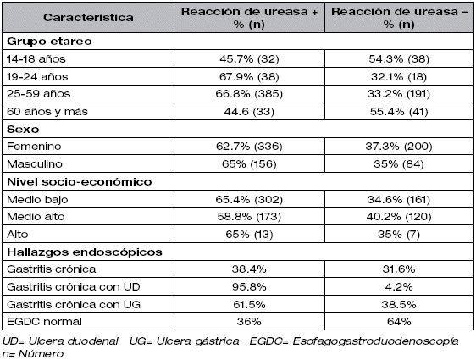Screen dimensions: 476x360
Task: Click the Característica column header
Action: click(x=88, y=18)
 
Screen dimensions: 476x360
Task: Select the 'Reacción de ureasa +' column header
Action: click(x=249, y=18)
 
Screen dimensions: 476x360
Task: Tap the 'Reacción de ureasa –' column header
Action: click(x=399, y=18)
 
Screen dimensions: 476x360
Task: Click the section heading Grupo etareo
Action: click(x=49, y=42)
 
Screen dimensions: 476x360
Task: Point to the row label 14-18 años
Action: click(x=36, y=59)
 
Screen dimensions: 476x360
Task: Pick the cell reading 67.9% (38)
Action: click(x=249, y=76)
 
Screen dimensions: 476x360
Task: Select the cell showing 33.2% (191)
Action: click(x=399, y=94)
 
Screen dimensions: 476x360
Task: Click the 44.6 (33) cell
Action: click(x=249, y=112)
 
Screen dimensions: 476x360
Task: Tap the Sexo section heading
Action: click(x=23, y=130)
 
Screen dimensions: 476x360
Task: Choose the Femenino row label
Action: click(x=34, y=147)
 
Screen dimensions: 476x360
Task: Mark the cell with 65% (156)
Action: click(x=249, y=164)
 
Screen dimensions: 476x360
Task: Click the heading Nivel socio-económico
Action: click(x=80, y=182)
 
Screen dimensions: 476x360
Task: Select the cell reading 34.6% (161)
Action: click(x=399, y=199)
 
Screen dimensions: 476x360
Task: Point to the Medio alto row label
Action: click(x=36, y=217)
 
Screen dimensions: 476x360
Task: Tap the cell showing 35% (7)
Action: click(x=399, y=235)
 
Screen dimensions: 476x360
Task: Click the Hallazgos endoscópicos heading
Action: click(x=85, y=252)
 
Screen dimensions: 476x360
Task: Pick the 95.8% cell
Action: click(x=249, y=287)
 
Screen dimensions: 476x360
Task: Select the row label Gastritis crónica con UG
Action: click(x=74, y=304)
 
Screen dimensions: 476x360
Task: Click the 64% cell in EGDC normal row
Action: click(x=399, y=322)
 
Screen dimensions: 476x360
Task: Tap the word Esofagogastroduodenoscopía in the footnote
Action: click(x=375, y=341)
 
